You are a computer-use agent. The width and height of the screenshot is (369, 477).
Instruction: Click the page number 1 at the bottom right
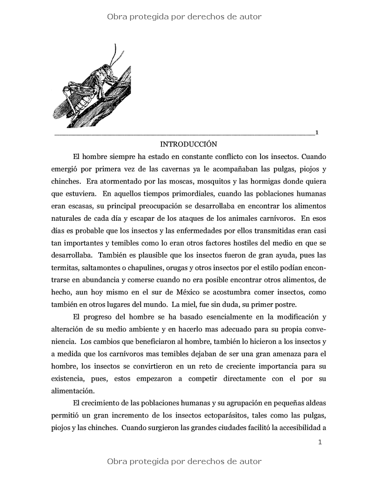(x=320, y=442)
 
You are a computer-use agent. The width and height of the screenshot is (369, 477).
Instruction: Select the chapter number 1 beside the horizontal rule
(x=317, y=133)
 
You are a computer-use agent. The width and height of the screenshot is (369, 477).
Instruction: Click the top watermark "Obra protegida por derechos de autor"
(x=184, y=17)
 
